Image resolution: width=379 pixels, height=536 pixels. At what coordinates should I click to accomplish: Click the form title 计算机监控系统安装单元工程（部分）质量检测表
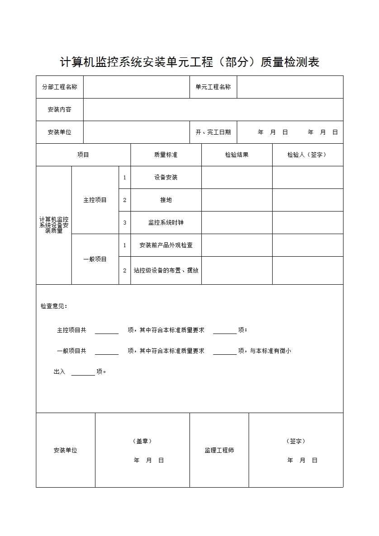[189, 62]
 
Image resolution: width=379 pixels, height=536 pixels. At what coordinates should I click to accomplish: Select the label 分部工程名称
[60, 87]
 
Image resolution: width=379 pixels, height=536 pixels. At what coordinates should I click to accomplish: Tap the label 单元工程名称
[213, 87]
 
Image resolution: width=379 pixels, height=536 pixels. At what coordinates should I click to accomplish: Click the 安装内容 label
[60, 109]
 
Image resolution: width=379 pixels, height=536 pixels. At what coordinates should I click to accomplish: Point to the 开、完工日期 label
[213, 132]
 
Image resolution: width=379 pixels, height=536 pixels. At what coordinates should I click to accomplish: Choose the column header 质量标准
[166, 155]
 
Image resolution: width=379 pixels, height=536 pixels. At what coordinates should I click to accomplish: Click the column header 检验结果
[237, 155]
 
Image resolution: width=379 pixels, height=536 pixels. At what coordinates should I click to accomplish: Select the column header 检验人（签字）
[307, 155]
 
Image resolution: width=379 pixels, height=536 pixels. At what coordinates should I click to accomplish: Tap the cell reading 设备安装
[166, 177]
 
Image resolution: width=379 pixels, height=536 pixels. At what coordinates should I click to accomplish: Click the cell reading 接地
[166, 200]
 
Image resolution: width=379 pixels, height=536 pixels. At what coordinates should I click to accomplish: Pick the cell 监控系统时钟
[166, 222]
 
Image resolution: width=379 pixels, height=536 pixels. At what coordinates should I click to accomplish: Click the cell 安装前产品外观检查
[166, 245]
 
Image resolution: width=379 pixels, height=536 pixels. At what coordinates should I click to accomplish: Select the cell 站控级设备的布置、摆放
[166, 270]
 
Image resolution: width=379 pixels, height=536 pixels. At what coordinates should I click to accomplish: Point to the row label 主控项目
[95, 200]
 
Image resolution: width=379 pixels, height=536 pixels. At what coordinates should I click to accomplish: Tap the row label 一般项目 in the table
[95, 259]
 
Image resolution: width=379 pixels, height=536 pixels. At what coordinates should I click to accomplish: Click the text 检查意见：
[54, 306]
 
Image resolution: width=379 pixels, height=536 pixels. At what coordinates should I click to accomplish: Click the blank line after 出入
[83, 373]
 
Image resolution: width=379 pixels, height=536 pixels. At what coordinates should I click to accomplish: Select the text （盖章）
[142, 441]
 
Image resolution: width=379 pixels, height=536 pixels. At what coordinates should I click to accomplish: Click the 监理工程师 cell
[219, 450]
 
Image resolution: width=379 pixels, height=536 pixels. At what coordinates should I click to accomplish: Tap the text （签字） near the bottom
[296, 441]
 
